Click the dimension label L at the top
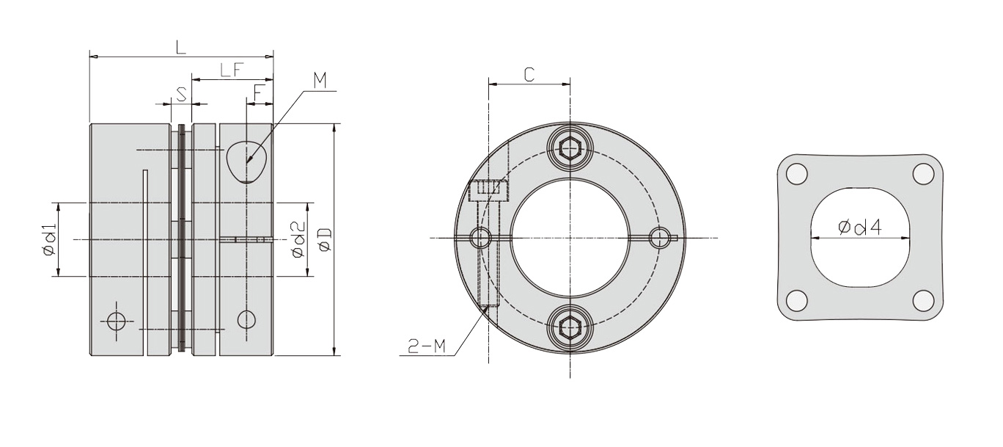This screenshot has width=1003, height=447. click(180, 47)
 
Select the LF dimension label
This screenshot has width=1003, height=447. click(232, 70)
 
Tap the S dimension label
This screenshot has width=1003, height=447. click(181, 94)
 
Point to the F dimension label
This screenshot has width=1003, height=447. click(258, 92)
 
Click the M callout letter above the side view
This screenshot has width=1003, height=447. click(320, 81)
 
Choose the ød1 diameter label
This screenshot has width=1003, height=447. click(49, 239)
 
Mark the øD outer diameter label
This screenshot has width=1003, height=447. click(325, 239)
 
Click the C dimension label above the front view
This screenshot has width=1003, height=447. click(529, 74)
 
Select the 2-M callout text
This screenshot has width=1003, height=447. click(427, 346)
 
